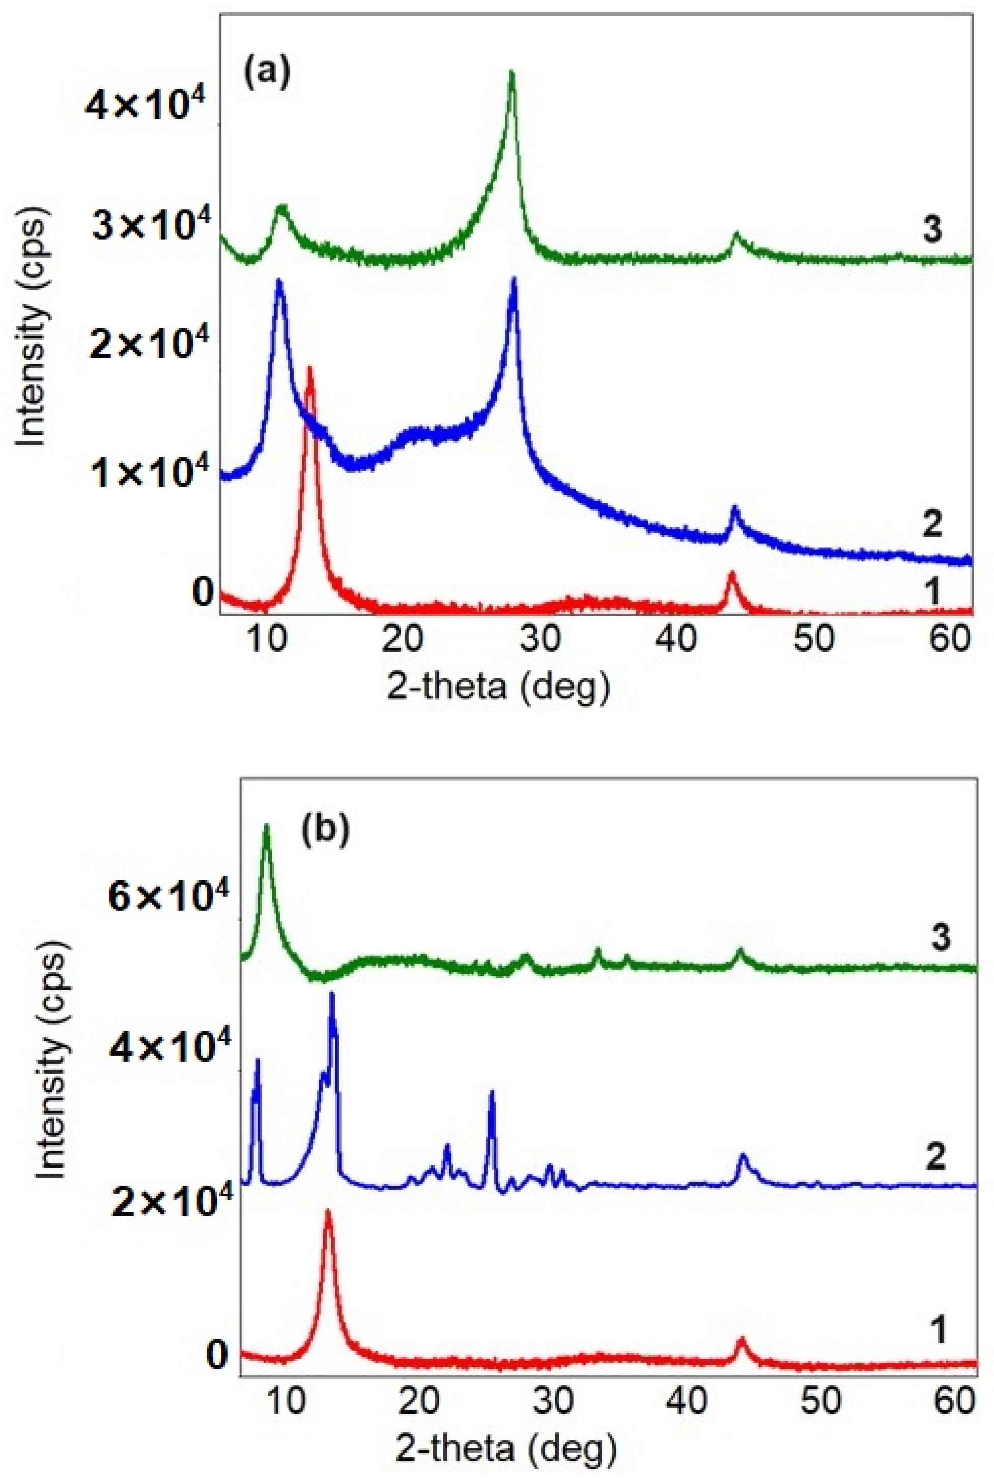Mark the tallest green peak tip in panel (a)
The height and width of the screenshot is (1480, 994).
tap(512, 72)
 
